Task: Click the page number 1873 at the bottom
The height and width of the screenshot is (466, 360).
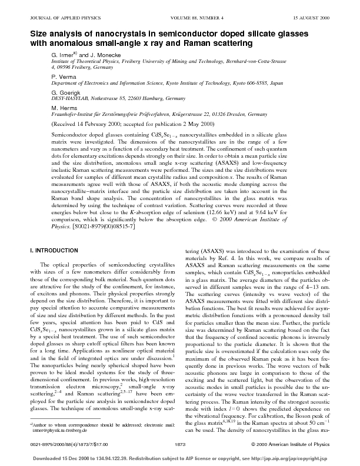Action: (x=181, y=444)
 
